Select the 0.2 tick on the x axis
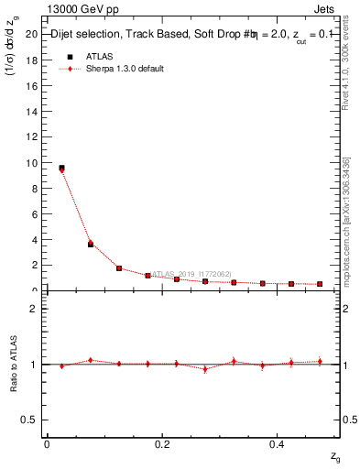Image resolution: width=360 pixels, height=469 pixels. point(162,442)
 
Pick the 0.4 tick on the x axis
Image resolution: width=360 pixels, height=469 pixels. point(278,442)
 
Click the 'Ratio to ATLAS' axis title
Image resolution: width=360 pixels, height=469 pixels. point(13,364)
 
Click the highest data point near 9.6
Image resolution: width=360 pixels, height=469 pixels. point(61,168)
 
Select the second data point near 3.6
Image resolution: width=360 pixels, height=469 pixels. point(91,244)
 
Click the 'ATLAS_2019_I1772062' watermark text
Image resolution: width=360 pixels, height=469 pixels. point(191,273)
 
